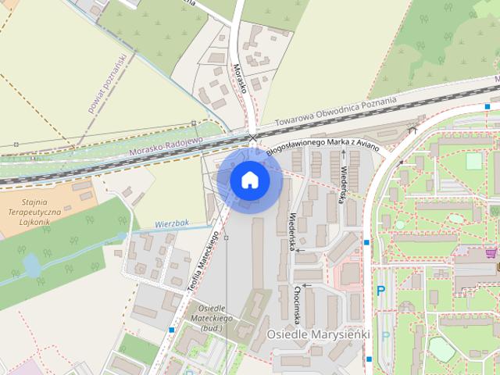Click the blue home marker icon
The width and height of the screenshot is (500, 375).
(x=250, y=180)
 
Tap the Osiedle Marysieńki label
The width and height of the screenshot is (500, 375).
(x=317, y=334)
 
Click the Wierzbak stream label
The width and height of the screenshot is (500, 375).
(x=173, y=223)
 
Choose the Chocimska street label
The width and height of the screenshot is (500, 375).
(x=298, y=303)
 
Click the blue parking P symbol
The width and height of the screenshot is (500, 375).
(x=381, y=290)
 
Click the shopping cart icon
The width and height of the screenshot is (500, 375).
(x=491, y=253)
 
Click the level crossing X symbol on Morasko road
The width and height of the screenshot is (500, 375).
(x=252, y=138)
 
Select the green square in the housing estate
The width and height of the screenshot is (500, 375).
(x=474, y=161)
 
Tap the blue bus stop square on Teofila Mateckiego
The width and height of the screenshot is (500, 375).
(x=171, y=330)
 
